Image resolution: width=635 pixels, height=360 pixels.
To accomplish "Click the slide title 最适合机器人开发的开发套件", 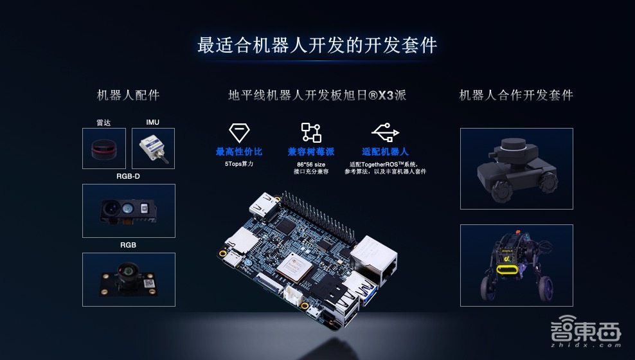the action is [x=317, y=45].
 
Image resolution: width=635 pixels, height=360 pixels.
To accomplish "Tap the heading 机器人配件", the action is [x=129, y=95].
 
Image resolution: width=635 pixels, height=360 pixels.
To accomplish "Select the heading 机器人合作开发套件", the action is [x=516, y=95].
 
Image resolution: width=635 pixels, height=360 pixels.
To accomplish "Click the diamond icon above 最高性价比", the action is [x=239, y=132].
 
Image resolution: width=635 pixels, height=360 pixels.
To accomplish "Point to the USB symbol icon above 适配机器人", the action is [x=385, y=132].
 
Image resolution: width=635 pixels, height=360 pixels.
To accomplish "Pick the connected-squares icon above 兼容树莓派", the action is [x=311, y=132].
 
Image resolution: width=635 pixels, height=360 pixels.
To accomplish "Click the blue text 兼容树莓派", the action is [x=311, y=152].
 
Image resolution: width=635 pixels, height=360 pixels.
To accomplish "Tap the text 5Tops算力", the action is [x=239, y=164].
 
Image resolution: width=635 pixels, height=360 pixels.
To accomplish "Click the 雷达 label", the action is [x=103, y=123].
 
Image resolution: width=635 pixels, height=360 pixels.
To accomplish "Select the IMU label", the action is [x=153, y=122].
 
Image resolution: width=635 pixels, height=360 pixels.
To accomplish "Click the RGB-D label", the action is [x=128, y=177].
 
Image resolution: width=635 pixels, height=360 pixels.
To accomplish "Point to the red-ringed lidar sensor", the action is [x=104, y=149].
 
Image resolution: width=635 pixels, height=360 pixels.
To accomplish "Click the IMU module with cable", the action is [x=154, y=148].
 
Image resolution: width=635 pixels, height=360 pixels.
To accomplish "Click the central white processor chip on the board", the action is [x=294, y=267].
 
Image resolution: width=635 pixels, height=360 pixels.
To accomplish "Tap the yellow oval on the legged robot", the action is [x=507, y=270].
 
